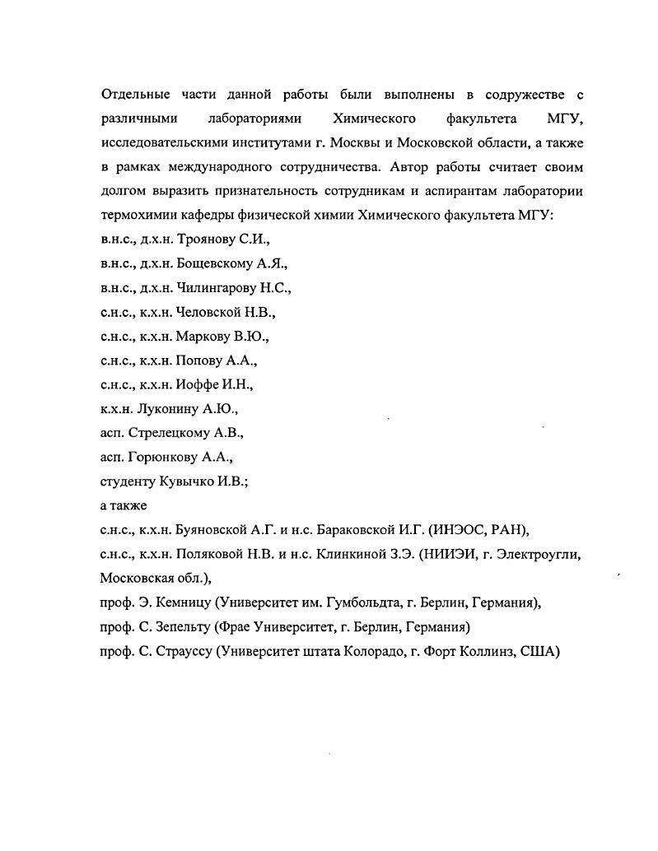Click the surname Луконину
point(170,409)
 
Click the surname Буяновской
point(217,529)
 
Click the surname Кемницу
point(178,602)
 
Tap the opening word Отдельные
point(136,95)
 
